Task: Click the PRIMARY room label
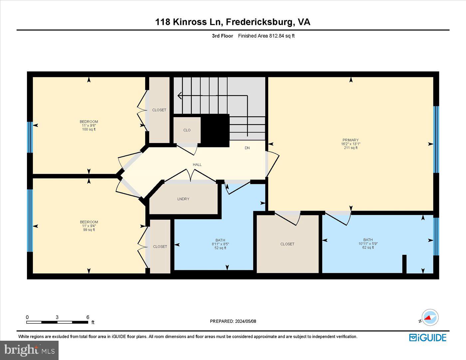coord(350,140)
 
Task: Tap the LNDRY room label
coord(183,199)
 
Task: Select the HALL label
coord(197,165)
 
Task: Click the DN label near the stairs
coord(247,148)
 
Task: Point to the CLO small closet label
coord(187,130)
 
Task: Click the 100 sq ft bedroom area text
coord(89,129)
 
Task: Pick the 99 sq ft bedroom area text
coord(89,230)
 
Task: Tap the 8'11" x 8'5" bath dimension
coord(220,244)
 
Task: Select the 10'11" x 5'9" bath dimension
coord(368,244)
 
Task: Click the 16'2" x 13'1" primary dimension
coord(350,144)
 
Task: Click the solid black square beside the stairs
coord(215,130)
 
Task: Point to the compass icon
coord(430,317)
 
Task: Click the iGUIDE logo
coord(427,337)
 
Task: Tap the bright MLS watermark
coord(29,350)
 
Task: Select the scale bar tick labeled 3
coord(57,317)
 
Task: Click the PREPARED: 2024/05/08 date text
coord(233,321)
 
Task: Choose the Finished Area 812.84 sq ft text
coord(266,36)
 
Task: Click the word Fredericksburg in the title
coord(260,22)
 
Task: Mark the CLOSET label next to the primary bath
coord(287,244)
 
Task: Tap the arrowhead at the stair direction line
coord(179,96)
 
